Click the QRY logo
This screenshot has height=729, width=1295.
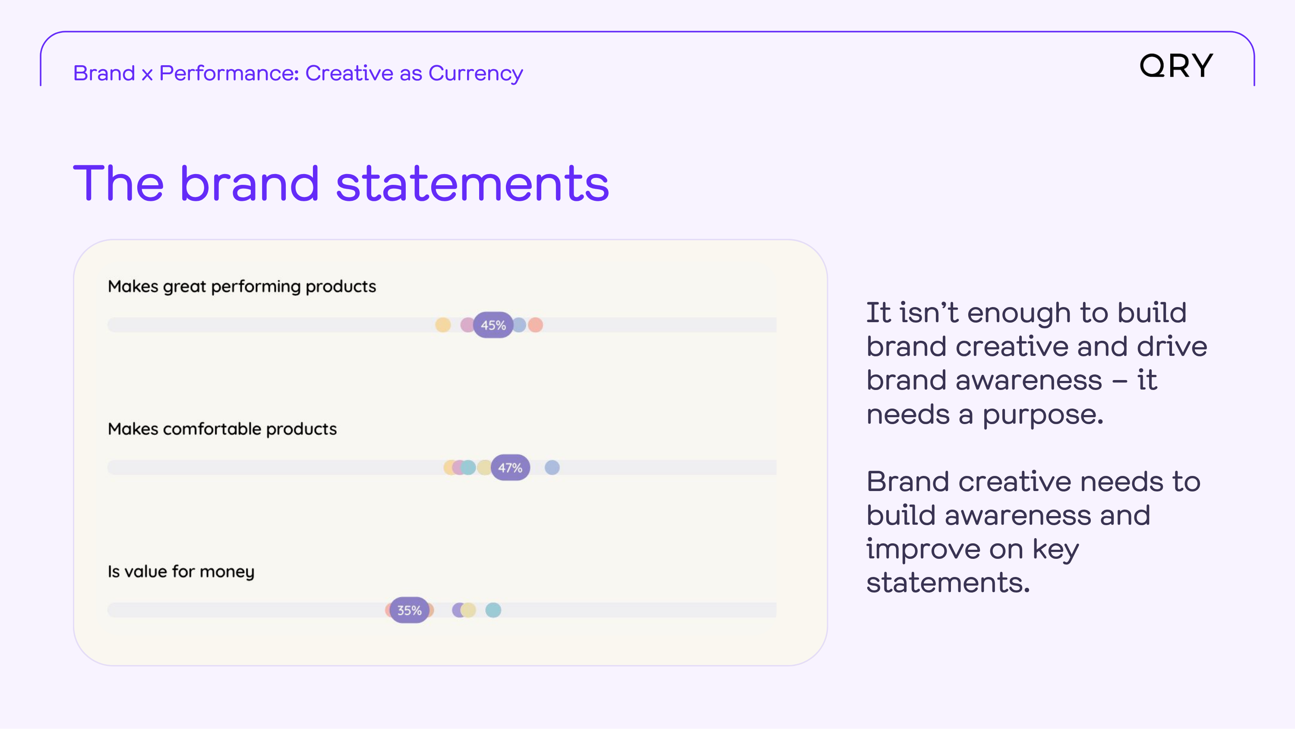coord(1176,66)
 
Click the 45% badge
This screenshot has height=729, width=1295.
coord(493,325)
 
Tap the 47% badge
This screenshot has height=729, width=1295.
coord(510,467)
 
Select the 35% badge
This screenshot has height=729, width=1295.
coord(409,610)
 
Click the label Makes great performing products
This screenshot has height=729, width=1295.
coord(242,286)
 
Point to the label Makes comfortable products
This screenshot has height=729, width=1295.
coord(222,429)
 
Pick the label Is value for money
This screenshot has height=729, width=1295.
coord(181,571)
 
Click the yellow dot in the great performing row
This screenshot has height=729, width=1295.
coord(443,325)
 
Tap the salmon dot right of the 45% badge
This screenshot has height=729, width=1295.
coord(535,325)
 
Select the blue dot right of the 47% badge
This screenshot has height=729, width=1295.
coord(552,467)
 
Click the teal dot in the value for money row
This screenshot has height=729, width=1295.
coord(493,610)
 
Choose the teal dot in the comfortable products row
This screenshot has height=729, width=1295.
coord(468,467)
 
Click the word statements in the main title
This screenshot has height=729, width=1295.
coord(473,184)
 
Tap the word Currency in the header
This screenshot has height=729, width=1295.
coord(476,73)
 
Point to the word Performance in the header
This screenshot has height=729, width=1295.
coord(229,73)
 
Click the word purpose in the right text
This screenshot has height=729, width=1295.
coord(1043,415)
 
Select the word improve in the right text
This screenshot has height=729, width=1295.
coord(923,549)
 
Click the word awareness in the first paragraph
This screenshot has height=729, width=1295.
coord(1029,380)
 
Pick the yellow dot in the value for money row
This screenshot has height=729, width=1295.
coord(468,610)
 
